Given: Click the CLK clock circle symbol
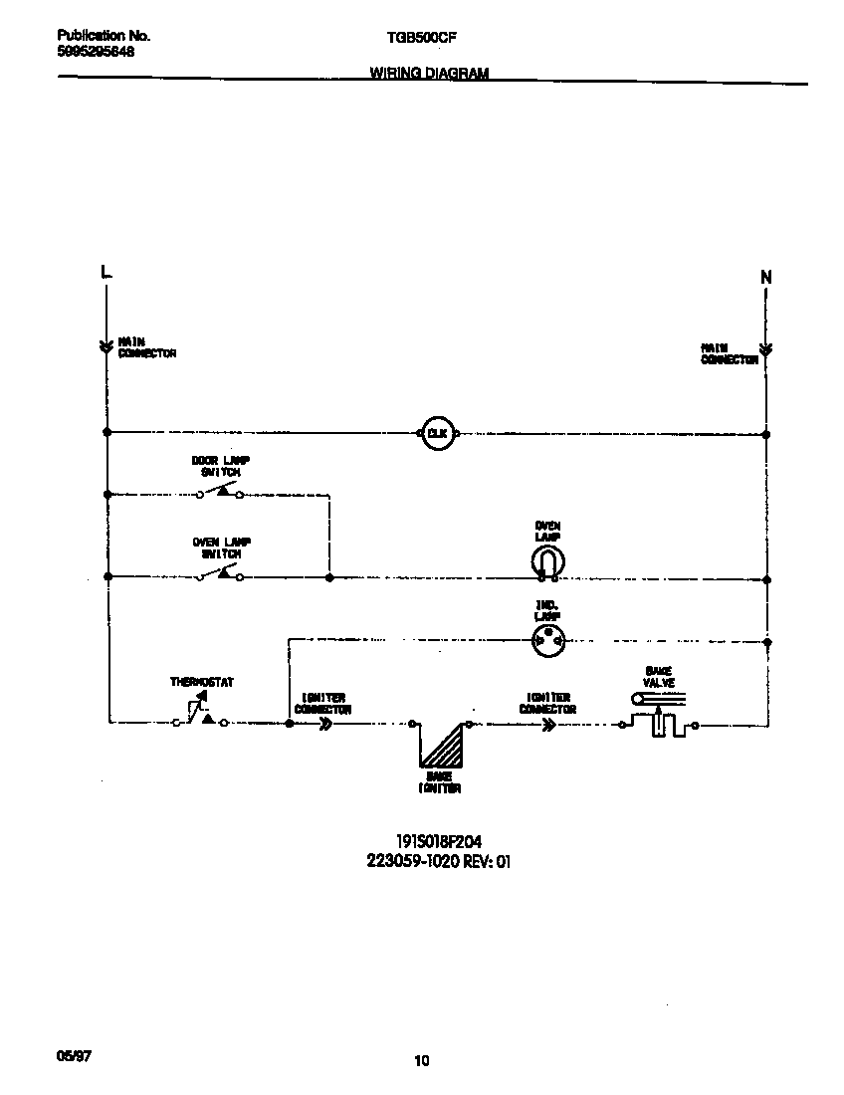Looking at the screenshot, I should (437, 433).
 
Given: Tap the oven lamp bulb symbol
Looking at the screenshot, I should (546, 563).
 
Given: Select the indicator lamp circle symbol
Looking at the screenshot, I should (546, 642).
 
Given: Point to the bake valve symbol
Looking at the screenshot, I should (657, 719).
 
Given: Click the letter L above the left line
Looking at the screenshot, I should (106, 272).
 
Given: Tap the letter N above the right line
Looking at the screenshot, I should (765, 278).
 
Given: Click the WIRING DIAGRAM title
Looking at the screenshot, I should (429, 73).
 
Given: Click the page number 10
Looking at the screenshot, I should (422, 1061).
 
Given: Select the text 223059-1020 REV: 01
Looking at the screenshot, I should (439, 862).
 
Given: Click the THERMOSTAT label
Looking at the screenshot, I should (201, 683).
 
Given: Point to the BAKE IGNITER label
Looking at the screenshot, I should (439, 782).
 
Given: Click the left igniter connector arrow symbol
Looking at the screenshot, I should (324, 725).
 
